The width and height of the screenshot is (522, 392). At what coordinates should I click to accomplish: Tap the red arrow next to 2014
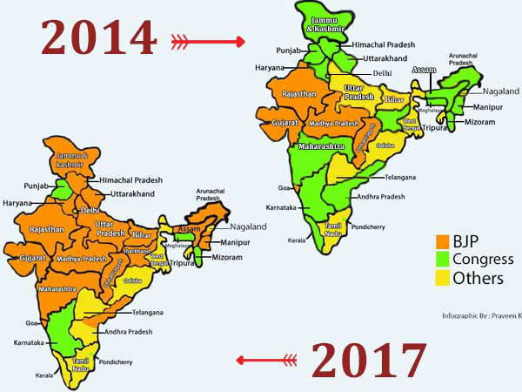208,41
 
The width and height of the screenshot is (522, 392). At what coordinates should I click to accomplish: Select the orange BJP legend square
443,240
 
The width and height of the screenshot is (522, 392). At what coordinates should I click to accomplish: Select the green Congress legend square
443,259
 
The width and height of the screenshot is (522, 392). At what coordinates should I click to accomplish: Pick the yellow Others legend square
443,278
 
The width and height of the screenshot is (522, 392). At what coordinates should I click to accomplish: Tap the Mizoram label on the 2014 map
478,122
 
